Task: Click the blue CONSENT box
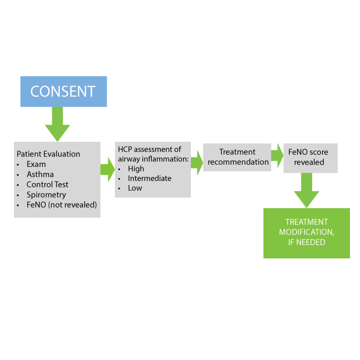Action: (63, 92)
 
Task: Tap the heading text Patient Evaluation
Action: (48, 154)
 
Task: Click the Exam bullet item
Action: (36, 165)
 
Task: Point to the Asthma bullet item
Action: (40, 175)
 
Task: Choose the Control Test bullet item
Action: (47, 185)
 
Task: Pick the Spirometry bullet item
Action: (46, 195)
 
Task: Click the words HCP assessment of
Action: (149, 149)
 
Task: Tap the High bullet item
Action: (136, 169)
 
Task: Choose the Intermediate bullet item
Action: (150, 179)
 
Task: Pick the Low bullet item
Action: (135, 188)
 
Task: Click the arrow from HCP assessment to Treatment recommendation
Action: (196, 162)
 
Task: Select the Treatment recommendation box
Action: (237, 157)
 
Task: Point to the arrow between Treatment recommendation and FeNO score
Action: (277, 155)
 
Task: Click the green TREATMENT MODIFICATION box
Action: (306, 233)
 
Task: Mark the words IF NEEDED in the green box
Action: (306, 242)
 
